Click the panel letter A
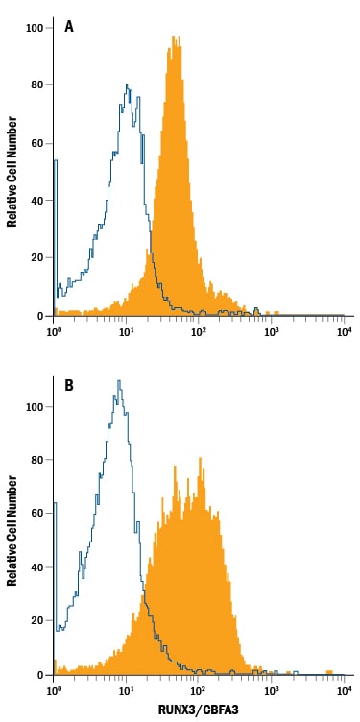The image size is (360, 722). (x=69, y=27)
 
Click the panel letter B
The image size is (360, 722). (x=69, y=385)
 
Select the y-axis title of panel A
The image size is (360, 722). (x=12, y=171)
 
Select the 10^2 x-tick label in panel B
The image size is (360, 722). (x=199, y=689)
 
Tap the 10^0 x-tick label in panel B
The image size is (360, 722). (x=54, y=689)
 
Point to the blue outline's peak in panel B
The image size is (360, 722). (x=119, y=380)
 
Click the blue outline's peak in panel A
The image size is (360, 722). (x=127, y=84)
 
